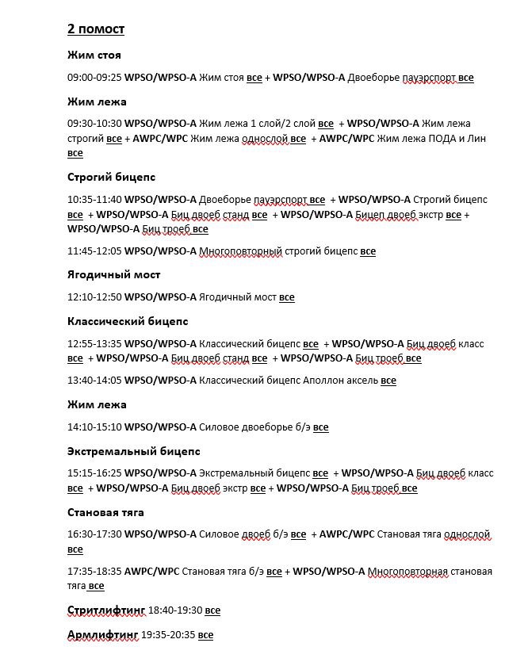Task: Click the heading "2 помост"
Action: point(95,29)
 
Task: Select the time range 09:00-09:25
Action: point(94,78)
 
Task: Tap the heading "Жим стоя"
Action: point(94,55)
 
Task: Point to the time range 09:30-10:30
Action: point(94,124)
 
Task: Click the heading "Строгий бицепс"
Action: point(111,177)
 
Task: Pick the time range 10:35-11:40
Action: point(94,200)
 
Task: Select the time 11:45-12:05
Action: point(94,251)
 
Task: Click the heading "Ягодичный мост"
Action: point(114,274)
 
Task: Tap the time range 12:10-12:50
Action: point(94,297)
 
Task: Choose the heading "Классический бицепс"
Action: point(127,321)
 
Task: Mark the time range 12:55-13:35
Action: point(94,344)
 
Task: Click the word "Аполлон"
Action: point(325,381)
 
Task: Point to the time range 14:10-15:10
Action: point(94,427)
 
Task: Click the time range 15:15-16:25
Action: point(94,474)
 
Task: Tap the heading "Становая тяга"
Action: point(105,512)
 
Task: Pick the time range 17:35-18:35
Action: point(94,572)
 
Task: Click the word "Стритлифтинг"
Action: point(106,610)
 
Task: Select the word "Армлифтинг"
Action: point(102,635)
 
